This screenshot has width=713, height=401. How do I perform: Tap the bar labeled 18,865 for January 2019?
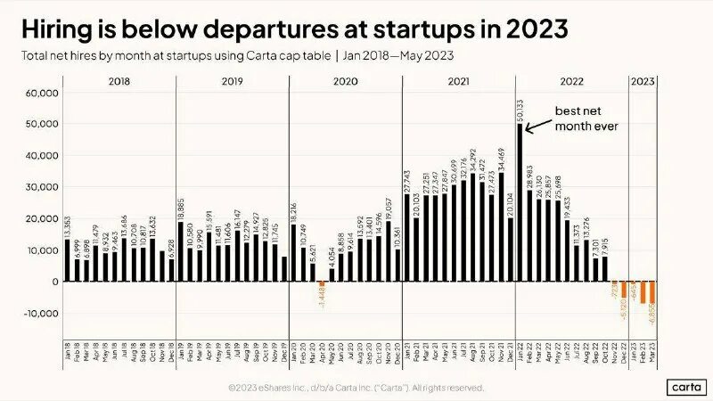pos(180,251)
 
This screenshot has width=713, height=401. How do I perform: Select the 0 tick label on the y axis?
pos(54,282)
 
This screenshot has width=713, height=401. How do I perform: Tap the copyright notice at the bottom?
pos(356,389)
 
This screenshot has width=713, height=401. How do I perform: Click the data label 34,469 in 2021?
pos(502,159)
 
